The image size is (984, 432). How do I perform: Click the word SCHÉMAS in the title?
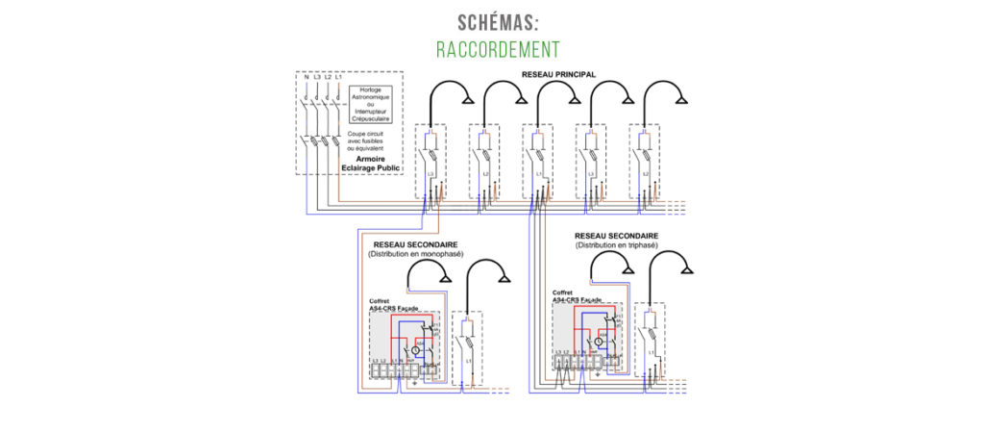pos(491,22)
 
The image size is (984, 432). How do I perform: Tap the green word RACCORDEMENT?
pos(491,48)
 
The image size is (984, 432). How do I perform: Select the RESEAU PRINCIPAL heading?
pos(558,74)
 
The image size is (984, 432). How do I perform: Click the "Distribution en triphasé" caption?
pos(616,245)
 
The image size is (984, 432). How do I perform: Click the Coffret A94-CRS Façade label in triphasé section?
pos(577,296)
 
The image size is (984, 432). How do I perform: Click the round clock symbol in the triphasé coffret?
pos(597,342)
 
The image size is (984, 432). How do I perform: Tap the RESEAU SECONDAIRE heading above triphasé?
pos(616,236)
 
